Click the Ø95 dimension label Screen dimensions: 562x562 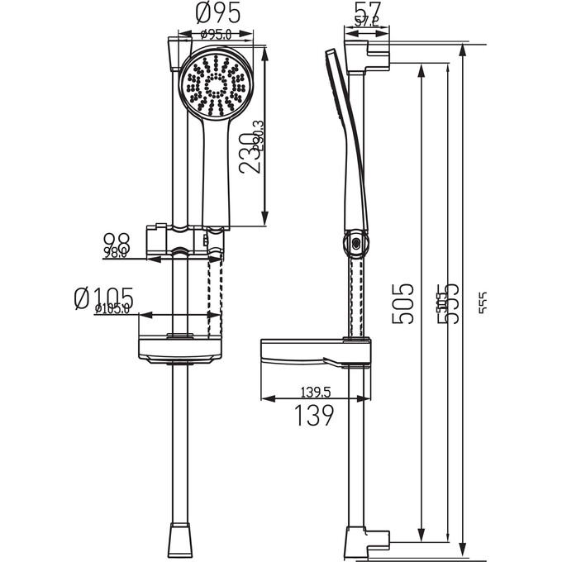coord(219,14)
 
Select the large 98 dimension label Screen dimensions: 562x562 coord(117,241)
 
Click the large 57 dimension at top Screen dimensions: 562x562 coord(363,12)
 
